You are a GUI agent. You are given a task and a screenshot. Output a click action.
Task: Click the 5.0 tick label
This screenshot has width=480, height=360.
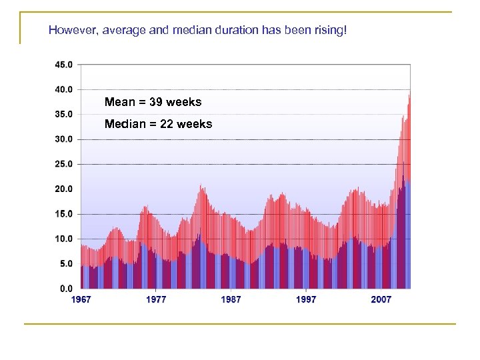pyautogui.click(x=66, y=264)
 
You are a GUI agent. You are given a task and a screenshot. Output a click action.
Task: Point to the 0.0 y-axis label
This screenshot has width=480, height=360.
pyautogui.click(x=66, y=289)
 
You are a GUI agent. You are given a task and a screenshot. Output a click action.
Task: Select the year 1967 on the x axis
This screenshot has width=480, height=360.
pyautogui.click(x=81, y=300)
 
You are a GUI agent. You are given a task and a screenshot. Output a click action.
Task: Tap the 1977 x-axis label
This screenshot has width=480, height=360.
pyautogui.click(x=156, y=300)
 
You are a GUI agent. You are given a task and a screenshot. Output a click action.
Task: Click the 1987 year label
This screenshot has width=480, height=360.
pyautogui.click(x=231, y=300)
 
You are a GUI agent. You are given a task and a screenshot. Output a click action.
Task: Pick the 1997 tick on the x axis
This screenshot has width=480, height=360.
pyautogui.click(x=306, y=300)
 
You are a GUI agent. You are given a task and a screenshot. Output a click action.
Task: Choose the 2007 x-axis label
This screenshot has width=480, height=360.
pyautogui.click(x=381, y=300)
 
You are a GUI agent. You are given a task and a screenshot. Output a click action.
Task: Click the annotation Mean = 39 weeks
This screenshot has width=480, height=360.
pyautogui.click(x=153, y=102)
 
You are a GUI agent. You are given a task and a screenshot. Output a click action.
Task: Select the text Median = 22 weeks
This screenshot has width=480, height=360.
pyautogui.click(x=158, y=124)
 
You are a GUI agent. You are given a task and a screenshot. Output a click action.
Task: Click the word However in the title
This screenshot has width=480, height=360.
pyautogui.click(x=71, y=31)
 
